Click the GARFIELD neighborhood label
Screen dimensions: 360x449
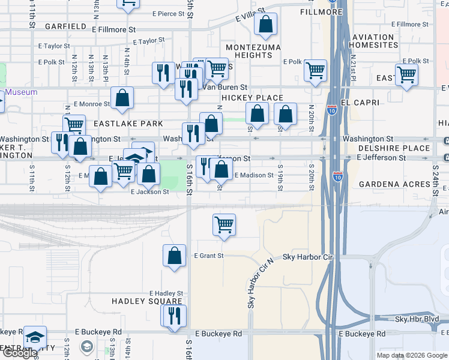click(x=65, y=26)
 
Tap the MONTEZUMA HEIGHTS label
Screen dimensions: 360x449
click(x=249, y=51)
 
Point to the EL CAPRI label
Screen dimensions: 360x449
click(x=359, y=103)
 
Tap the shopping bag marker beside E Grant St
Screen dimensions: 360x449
click(x=174, y=256)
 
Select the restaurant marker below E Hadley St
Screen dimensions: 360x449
click(x=173, y=316)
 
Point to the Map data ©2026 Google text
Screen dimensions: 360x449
click(x=411, y=355)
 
